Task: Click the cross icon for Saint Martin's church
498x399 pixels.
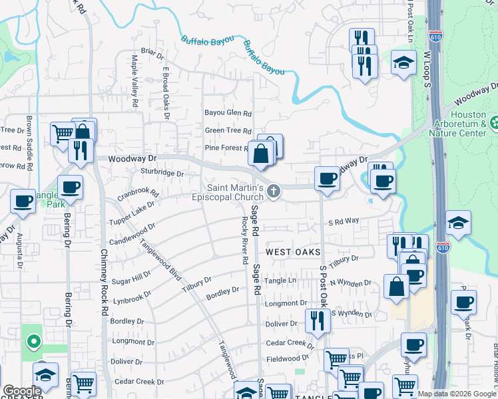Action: coord(273,192)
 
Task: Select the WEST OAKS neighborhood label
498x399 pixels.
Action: coord(294,252)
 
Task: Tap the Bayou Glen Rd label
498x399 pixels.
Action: coord(228,113)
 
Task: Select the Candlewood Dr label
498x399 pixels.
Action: coord(130,231)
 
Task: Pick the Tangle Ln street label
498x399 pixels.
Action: coord(280,281)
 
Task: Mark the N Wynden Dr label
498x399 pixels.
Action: coord(350,283)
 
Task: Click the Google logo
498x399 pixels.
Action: coord(22,391)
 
